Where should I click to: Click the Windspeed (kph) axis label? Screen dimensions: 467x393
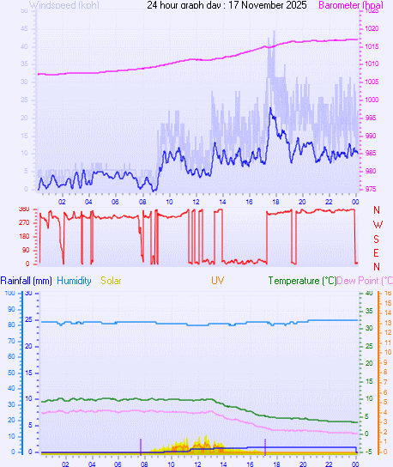pos(63,5)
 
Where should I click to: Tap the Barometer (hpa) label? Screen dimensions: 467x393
pos(351,5)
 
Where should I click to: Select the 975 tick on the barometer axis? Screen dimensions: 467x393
pos(370,189)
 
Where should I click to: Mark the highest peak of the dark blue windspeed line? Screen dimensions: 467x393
pos(271,109)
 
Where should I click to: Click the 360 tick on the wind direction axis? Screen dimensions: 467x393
pos(23,209)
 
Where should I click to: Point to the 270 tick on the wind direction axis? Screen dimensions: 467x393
pos(23,223)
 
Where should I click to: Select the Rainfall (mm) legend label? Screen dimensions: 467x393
pos(27,281)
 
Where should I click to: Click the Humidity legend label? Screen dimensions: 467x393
pos(76,281)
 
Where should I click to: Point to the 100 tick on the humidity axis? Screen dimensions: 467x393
pos(9,294)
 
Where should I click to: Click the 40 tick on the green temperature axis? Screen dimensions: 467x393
pos(369,294)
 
